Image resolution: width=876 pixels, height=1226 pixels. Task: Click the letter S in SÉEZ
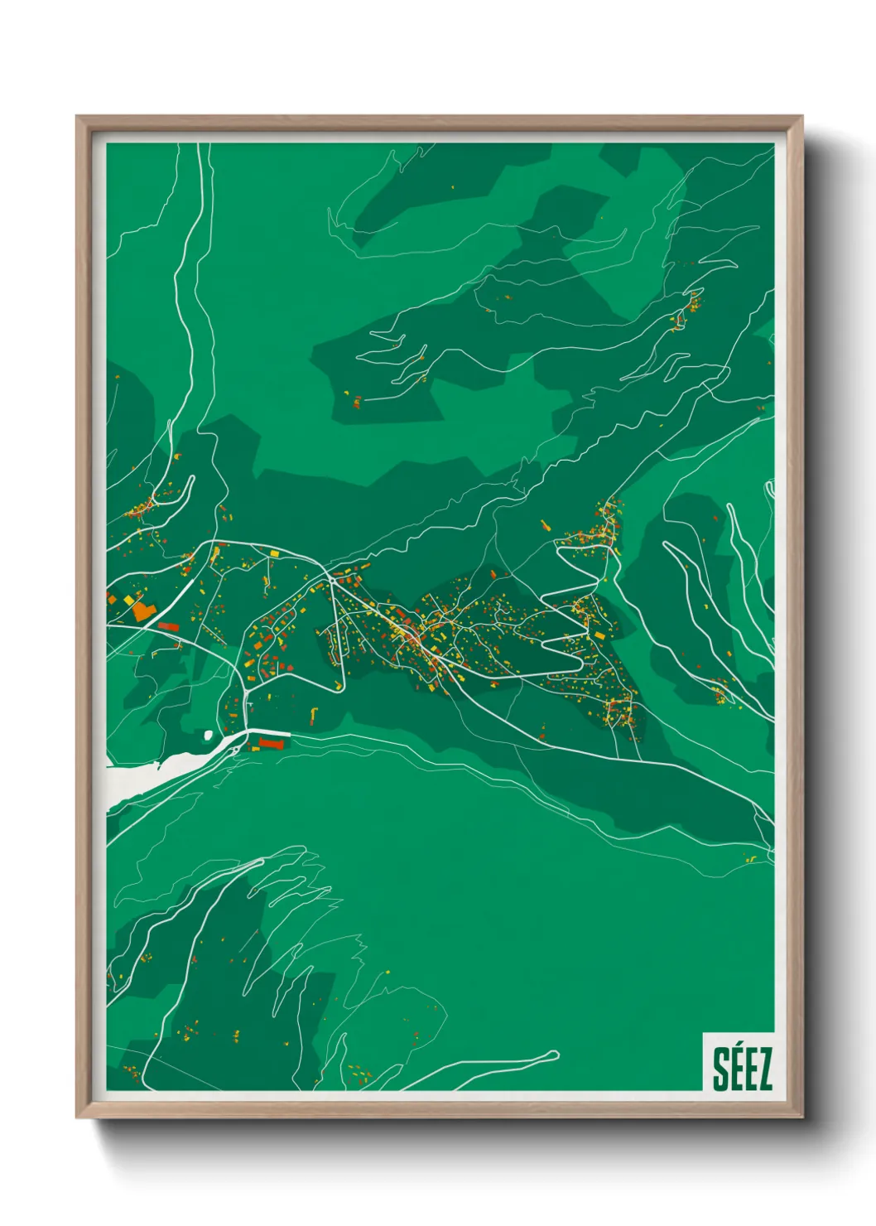tap(721, 1069)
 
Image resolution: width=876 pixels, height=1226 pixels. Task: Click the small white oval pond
tap(207, 734)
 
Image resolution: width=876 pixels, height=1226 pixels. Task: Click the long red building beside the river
tap(271, 743)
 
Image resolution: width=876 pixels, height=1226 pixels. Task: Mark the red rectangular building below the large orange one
tap(168, 627)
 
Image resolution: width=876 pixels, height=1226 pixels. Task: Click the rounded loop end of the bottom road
tap(553, 1055)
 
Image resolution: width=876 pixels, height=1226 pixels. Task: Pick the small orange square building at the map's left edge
tap(111, 597)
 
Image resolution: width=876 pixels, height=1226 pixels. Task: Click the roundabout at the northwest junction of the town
tap(330, 579)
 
